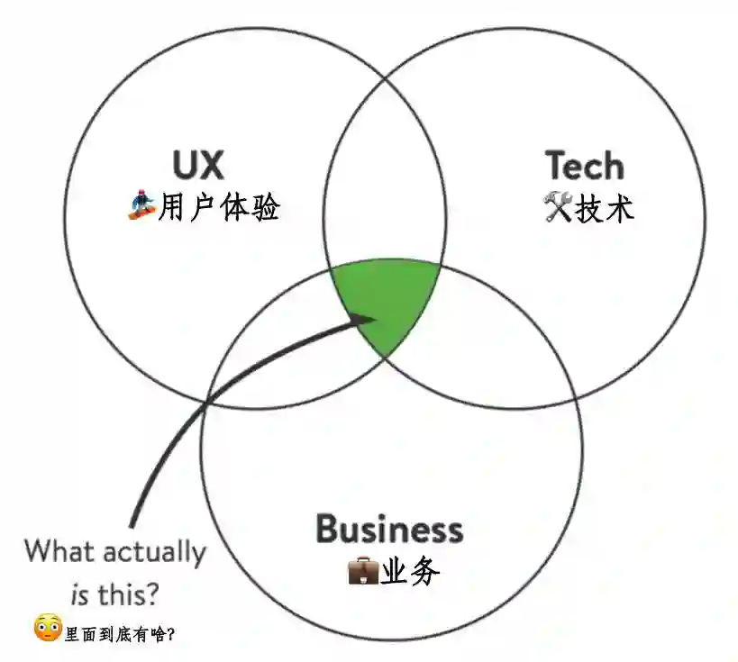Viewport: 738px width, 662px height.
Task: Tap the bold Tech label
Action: (x=584, y=167)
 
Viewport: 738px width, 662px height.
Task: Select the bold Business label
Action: (x=389, y=529)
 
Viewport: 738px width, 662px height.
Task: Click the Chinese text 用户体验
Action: (x=219, y=209)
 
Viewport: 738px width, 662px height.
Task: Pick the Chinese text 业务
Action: (x=411, y=572)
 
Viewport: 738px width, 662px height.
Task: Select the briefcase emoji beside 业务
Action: (x=362, y=572)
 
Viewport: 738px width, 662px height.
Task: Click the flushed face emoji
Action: (x=47, y=628)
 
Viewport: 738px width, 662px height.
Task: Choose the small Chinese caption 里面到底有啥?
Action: (x=120, y=634)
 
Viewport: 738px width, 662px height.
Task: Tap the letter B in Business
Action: (x=328, y=529)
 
